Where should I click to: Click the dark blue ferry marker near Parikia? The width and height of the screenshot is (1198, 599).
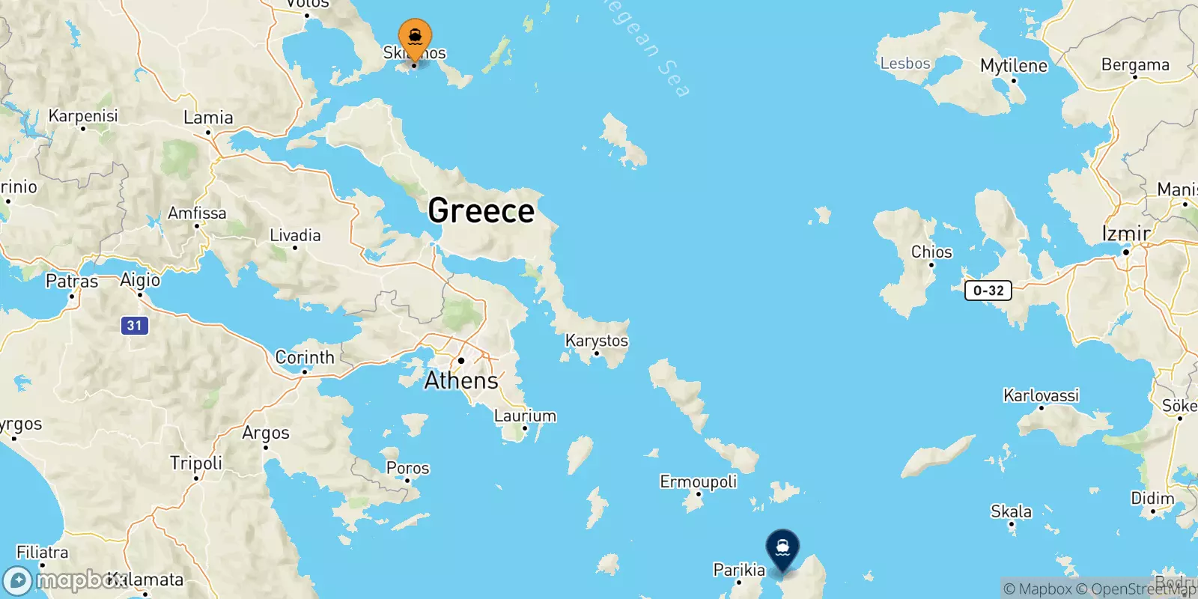[x=782, y=549]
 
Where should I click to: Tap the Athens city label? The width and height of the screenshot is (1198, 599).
[x=461, y=380]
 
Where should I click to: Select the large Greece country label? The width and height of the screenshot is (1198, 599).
[x=481, y=210]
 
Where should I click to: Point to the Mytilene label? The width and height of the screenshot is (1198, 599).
[x=1014, y=66]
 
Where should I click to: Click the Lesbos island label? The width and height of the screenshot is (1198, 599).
[x=904, y=64]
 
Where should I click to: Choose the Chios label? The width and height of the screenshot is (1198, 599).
[x=931, y=252]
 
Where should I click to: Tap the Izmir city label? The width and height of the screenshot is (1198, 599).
[x=1126, y=234]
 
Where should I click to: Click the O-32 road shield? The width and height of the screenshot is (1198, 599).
[x=988, y=291]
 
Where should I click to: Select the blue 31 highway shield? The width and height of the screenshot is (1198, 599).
[x=135, y=326]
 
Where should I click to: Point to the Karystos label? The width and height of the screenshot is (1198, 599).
[x=597, y=341]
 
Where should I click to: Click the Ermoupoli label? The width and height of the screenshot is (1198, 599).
[x=698, y=481]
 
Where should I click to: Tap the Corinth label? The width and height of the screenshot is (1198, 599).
[x=305, y=357]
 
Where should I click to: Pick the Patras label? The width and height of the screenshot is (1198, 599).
[x=72, y=282]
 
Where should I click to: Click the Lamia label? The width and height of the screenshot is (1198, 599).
[x=208, y=118]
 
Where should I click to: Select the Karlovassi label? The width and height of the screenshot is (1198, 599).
[x=1041, y=395]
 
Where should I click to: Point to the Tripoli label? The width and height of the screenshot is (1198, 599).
[x=196, y=463]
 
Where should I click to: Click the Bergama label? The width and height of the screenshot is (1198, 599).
[x=1135, y=65]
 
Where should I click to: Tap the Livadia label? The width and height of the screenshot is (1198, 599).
[x=295, y=235]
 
